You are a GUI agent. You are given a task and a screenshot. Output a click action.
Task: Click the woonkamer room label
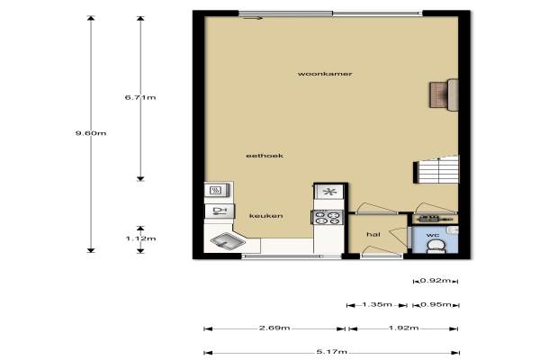point(325,74)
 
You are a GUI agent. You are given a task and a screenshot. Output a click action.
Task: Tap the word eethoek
point(265,156)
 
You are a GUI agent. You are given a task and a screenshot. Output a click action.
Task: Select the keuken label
point(265,216)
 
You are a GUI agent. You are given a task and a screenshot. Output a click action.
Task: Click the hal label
point(373,235)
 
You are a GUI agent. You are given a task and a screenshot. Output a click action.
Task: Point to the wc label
point(433,235)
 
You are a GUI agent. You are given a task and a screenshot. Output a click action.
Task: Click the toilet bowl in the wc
point(436,247)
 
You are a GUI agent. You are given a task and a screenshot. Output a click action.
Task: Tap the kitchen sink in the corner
point(228,241)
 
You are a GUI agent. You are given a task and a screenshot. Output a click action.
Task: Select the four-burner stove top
point(328,218)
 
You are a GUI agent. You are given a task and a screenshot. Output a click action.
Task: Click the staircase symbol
point(436,170)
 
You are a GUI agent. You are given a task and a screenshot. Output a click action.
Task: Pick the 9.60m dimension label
point(91,133)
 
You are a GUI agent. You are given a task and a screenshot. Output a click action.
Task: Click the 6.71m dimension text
point(140,97)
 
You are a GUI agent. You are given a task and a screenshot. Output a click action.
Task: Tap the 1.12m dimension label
point(140,238)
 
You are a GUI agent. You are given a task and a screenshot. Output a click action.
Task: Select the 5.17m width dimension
point(331,352)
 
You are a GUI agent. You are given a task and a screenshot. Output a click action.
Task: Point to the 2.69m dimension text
point(274,328)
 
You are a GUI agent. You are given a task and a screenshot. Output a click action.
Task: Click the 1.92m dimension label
point(403,328)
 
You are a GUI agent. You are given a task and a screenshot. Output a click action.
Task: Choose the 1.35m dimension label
point(377,305)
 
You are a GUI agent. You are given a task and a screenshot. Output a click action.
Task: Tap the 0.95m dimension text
point(436,305)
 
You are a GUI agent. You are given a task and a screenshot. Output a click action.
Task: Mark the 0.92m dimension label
point(436,281)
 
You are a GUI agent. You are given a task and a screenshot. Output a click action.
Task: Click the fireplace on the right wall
point(444,94)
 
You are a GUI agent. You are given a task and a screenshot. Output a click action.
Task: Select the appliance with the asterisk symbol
point(329,192)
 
